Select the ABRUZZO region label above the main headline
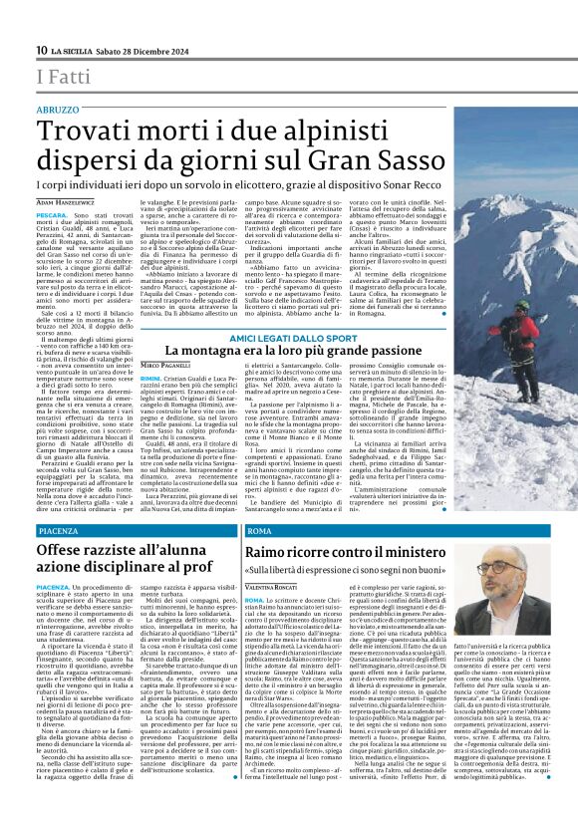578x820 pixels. pos(58,109)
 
